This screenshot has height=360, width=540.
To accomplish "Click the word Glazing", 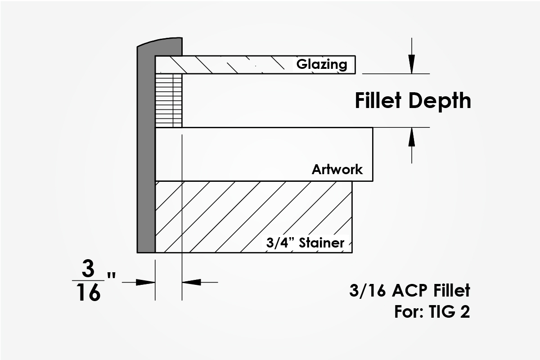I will pos(322,64).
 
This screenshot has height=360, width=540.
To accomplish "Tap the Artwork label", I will pos(337,170).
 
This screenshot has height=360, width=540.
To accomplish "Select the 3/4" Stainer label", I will pos(305,243).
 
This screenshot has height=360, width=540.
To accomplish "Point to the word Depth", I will pos(443,101).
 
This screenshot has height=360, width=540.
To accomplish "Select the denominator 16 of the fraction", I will pos(88,293).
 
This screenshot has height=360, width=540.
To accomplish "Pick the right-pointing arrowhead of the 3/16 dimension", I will pos(146,282).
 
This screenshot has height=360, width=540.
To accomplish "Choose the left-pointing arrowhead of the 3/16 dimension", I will pos(191,282).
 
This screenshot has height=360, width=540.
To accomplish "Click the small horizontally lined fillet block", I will pos(169,100).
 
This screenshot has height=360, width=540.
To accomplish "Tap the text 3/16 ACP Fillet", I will pos(409,291).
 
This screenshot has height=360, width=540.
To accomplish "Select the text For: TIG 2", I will pos(432,312).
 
